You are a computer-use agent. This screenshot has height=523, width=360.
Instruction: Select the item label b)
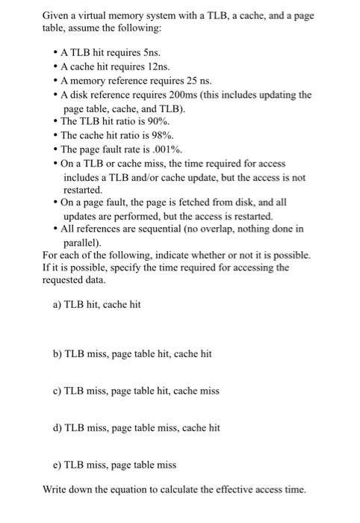tap(58, 353)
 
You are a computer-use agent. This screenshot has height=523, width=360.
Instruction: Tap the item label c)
tap(58, 390)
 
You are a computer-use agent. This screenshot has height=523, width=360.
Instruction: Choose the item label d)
tap(58, 427)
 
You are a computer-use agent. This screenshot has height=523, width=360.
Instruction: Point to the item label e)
tap(58, 465)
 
